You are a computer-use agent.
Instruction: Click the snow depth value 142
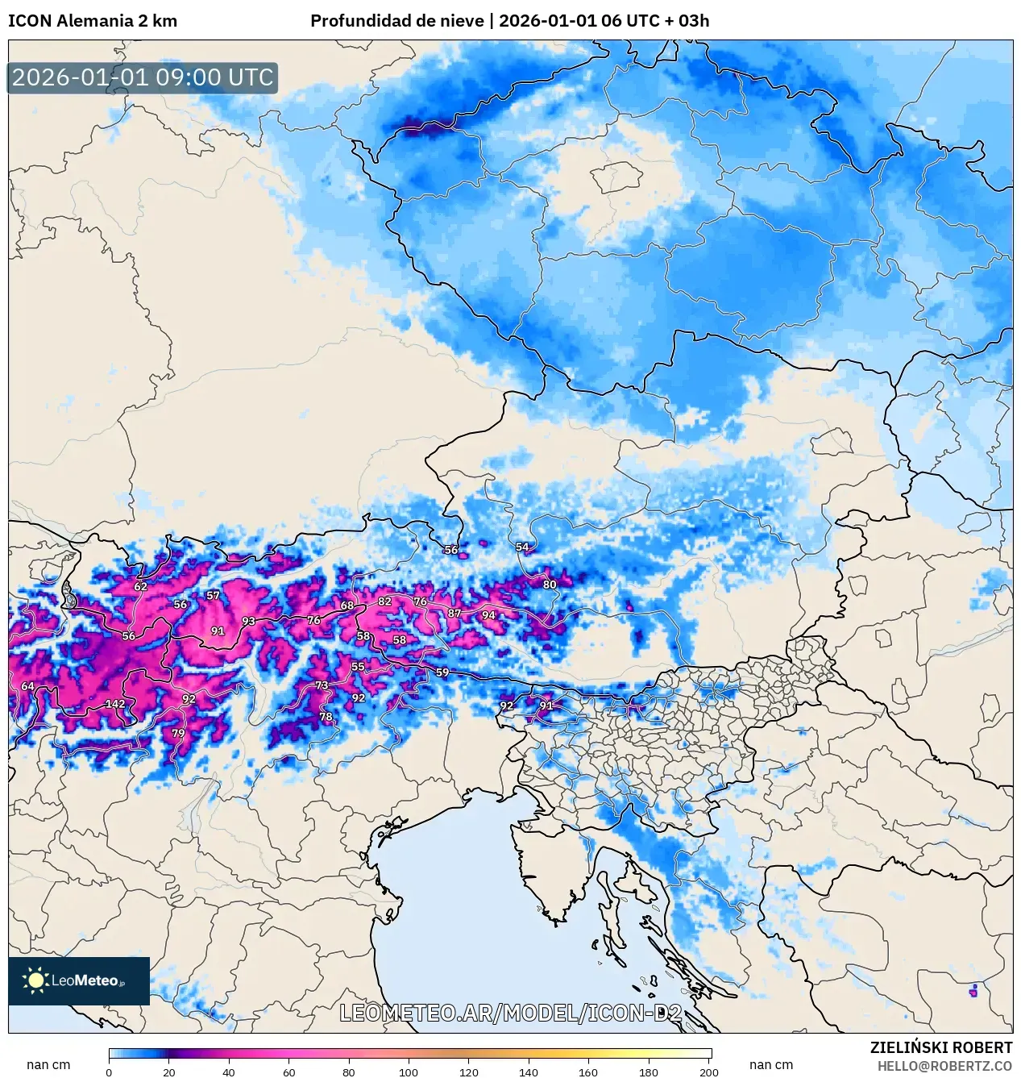pos(115,704)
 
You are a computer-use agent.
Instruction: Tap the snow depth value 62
pos(140,586)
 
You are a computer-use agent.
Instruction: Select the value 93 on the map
pos(248,621)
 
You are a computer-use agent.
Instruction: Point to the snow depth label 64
pos(27,686)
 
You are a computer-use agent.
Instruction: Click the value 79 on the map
pos(178,733)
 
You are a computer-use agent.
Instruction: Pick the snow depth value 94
pos(488,615)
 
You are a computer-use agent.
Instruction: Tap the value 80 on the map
pos(550,585)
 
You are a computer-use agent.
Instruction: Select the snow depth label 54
pos(522,547)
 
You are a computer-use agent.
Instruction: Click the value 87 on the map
pos(454,613)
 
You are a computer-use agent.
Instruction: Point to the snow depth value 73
pos(322,685)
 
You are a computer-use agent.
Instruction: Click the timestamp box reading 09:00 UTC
pos(143,77)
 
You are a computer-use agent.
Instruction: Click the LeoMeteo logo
pos(79,980)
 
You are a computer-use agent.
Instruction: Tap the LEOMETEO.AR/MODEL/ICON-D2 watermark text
pos(510,1013)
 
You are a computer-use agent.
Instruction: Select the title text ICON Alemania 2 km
pos(93,21)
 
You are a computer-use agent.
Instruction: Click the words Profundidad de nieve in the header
pos(397,21)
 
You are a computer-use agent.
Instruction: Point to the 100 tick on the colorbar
pos(409,1072)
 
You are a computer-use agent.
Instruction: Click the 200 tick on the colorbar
pos(709,1072)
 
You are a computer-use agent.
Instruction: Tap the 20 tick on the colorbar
pos(168,1072)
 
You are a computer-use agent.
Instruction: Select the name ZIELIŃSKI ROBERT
pos(940,1047)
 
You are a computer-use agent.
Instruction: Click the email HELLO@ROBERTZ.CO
pos(944,1066)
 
